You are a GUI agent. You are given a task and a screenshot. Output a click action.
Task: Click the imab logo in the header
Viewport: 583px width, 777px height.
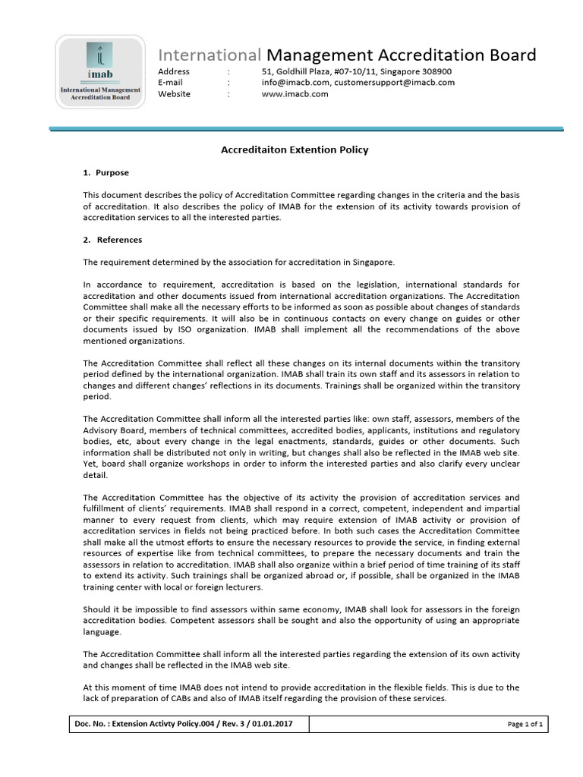(100, 71)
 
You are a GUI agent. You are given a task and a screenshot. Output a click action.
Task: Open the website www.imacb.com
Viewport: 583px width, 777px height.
(295, 94)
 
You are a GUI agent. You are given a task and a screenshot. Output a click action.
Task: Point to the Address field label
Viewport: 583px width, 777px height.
(174, 71)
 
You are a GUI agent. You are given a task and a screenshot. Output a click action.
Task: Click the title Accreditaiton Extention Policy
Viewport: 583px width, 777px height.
(295, 150)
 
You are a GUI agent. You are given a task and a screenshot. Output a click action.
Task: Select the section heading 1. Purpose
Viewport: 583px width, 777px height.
(106, 173)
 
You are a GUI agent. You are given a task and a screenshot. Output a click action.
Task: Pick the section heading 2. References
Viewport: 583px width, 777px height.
(112, 240)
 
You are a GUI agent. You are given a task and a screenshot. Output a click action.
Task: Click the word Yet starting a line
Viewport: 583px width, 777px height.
(90, 464)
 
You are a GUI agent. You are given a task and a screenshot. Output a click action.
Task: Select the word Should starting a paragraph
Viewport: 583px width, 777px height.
(97, 609)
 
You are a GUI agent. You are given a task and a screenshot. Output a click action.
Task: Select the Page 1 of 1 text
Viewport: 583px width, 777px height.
(525, 725)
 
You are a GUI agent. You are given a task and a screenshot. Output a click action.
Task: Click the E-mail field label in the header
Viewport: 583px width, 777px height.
(170, 83)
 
